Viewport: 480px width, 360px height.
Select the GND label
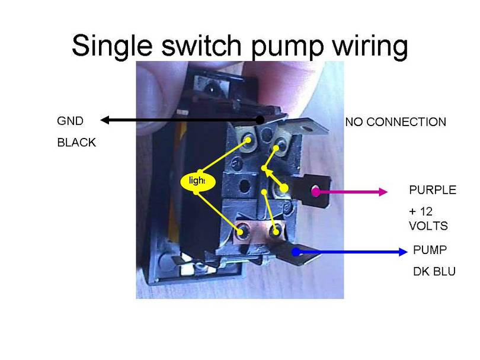click(x=70, y=121)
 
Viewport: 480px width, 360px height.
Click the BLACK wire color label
click(x=76, y=143)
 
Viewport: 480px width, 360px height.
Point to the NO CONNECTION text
click(x=395, y=123)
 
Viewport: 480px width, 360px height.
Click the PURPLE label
click(x=433, y=190)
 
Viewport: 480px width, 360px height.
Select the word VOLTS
click(x=428, y=226)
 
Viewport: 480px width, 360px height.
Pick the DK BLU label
click(x=434, y=272)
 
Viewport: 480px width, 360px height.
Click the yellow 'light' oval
click(x=196, y=181)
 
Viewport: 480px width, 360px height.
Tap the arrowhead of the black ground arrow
click(x=105, y=120)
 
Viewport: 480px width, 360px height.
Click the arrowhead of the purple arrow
click(x=382, y=191)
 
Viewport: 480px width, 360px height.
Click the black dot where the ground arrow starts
click(x=260, y=120)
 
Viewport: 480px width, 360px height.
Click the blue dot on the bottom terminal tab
click(x=297, y=252)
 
